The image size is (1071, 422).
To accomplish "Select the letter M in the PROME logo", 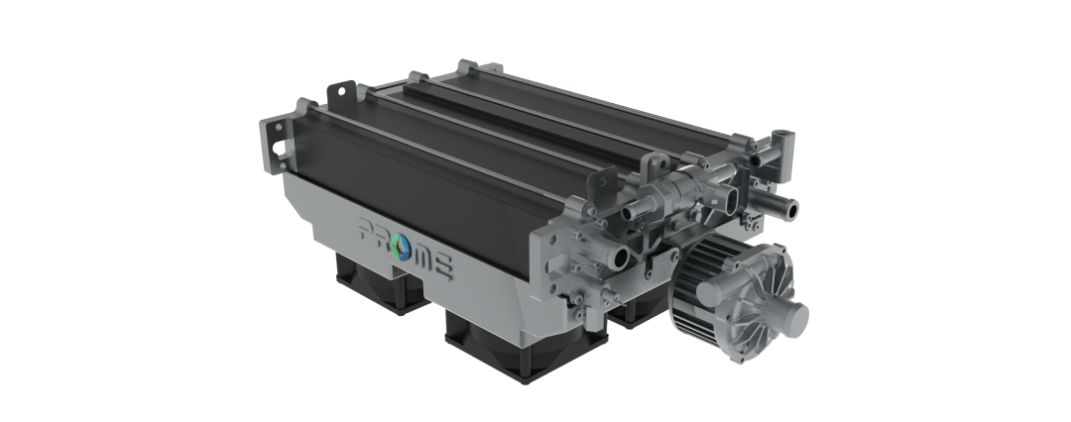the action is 424,257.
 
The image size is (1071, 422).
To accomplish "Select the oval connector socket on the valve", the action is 732,199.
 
